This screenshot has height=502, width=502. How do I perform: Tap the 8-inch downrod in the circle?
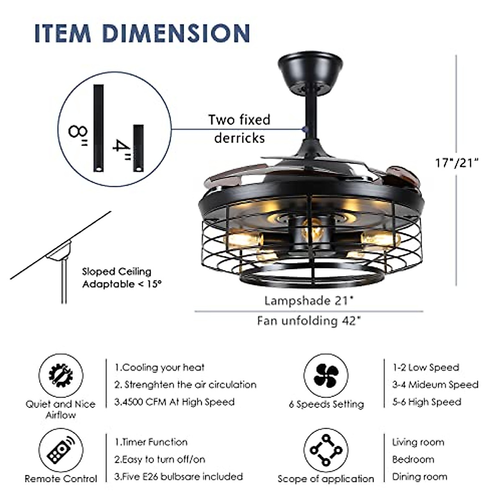pyautogui.click(x=98, y=128)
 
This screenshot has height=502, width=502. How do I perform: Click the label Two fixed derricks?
pyautogui.click(x=239, y=128)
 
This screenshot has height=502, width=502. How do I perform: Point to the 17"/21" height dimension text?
pyautogui.click(x=456, y=162)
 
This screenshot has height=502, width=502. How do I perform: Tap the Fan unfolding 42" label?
pyautogui.click(x=309, y=321)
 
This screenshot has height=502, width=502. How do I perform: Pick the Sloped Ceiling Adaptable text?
pyautogui.click(x=121, y=278)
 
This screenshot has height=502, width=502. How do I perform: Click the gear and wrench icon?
pyautogui.click(x=61, y=375)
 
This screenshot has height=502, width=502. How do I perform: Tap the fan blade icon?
pyautogui.click(x=326, y=375)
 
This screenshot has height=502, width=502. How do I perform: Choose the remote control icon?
pyautogui.click(x=61, y=451)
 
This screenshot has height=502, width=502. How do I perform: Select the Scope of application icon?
pyautogui.click(x=326, y=451)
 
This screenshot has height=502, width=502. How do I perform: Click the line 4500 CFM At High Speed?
pyautogui.click(x=174, y=402)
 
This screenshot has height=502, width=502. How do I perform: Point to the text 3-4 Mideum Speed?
pyautogui.click(x=435, y=384)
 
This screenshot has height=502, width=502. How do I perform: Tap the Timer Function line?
pyautogui.click(x=151, y=442)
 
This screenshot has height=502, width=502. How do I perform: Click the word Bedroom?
pyautogui.click(x=413, y=459)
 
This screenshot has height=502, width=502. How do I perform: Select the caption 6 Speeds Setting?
pyautogui.click(x=326, y=405)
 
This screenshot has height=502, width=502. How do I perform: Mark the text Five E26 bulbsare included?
pyautogui.click(x=179, y=476)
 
